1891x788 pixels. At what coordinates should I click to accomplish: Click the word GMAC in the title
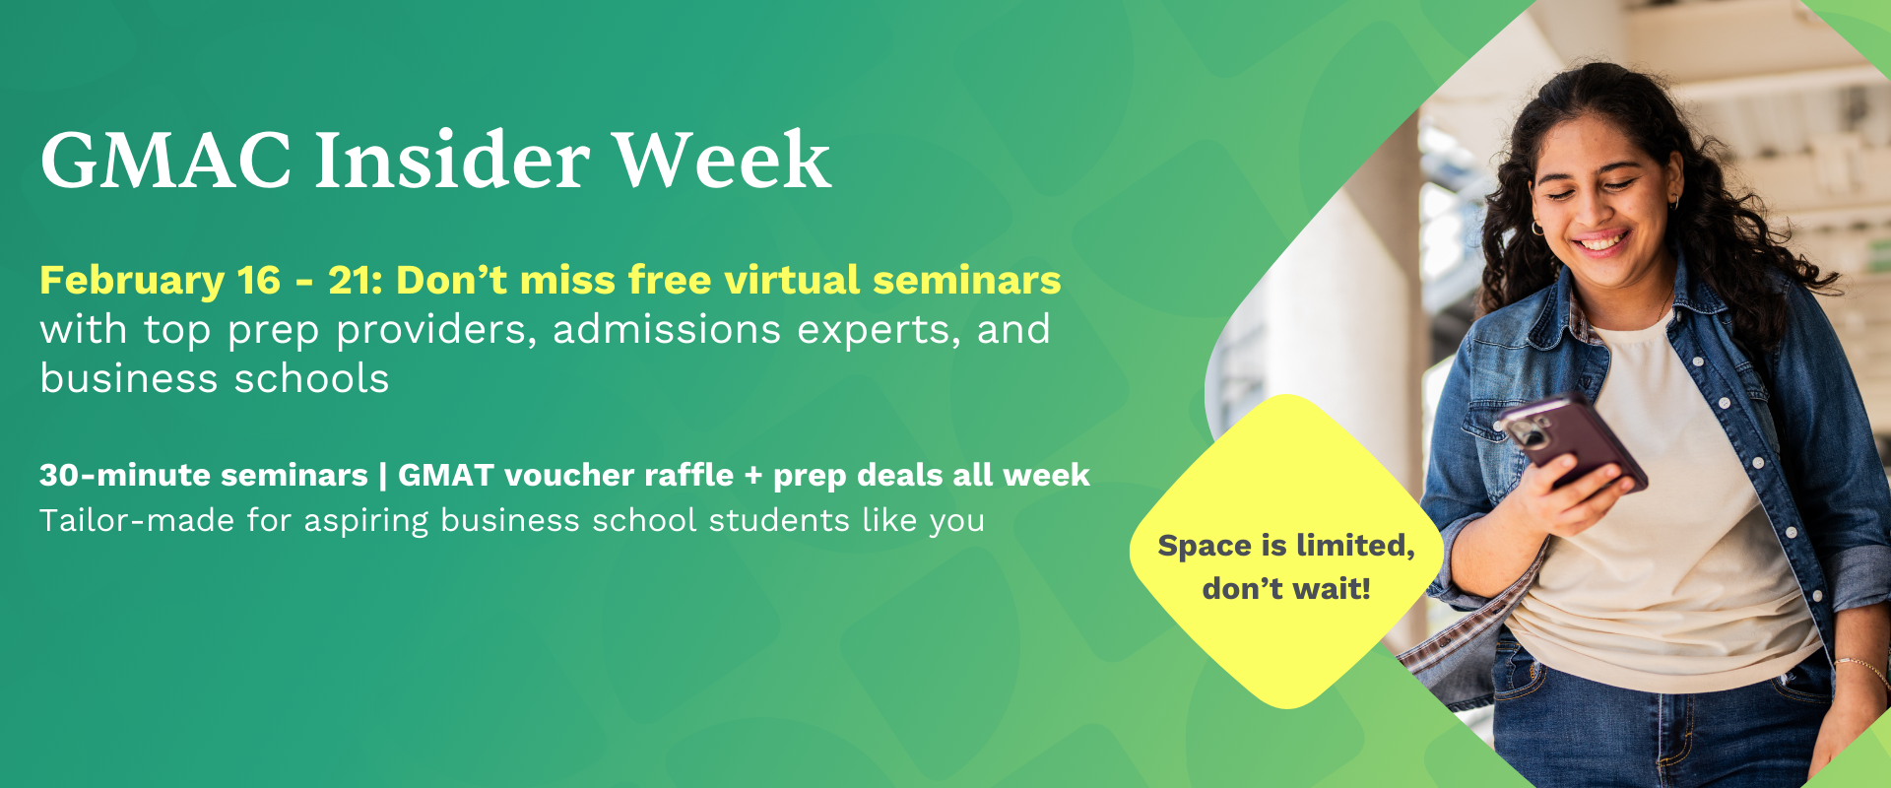pos(165,160)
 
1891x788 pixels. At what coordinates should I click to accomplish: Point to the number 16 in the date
pos(259,281)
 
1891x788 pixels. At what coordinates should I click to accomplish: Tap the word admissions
pos(667,329)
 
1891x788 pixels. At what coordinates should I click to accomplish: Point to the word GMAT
pos(445,475)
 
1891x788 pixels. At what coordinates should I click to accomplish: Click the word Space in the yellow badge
pos(1204,547)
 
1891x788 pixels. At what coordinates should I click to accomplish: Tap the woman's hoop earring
pos(1537,228)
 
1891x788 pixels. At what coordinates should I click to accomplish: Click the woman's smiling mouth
pos(1600,240)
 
